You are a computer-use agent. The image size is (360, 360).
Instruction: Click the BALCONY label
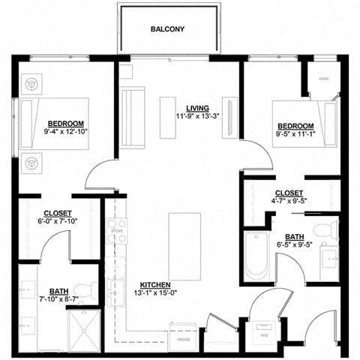[168, 29]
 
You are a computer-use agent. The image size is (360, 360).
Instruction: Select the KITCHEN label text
[155, 285]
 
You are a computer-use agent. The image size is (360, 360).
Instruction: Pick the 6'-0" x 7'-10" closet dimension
[57, 222]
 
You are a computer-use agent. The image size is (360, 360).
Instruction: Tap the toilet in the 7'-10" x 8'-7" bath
[88, 290]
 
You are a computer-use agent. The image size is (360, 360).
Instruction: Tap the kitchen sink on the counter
[116, 289]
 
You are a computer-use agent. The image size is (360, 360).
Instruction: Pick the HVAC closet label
[325, 76]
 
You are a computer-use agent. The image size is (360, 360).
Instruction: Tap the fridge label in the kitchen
[183, 340]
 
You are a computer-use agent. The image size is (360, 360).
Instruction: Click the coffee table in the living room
[169, 117]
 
